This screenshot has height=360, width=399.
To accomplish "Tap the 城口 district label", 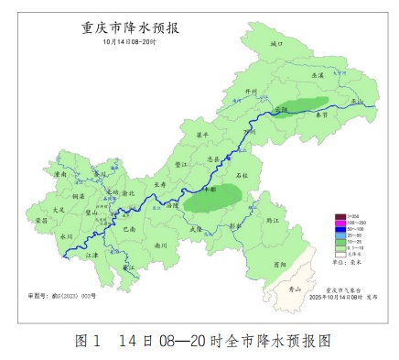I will point(278,43).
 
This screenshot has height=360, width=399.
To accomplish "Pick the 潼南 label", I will point(60,172).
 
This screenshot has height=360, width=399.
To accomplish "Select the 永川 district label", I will point(66,235).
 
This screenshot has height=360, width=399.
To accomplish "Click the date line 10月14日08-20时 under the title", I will point(118,41).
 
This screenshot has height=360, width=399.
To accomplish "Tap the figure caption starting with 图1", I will point(199,341).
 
